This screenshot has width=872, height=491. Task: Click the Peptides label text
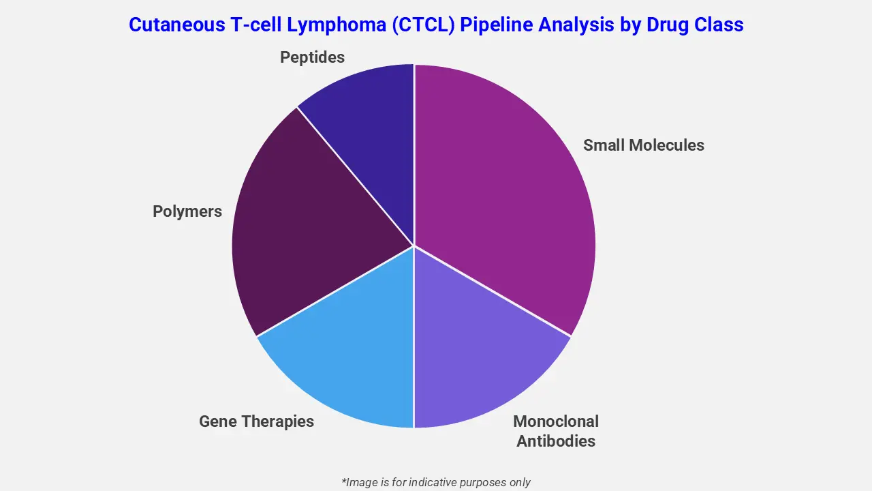coord(312,57)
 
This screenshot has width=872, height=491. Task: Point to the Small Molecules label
coord(643,145)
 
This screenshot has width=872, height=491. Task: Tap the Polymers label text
coord(187,211)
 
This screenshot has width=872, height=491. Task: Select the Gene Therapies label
coord(256,421)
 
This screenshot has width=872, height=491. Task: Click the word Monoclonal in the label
coord(556,421)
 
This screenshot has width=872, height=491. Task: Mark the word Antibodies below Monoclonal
coord(556,441)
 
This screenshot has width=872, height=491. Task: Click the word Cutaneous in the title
coord(170,25)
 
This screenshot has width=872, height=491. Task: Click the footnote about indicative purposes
coord(436,482)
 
